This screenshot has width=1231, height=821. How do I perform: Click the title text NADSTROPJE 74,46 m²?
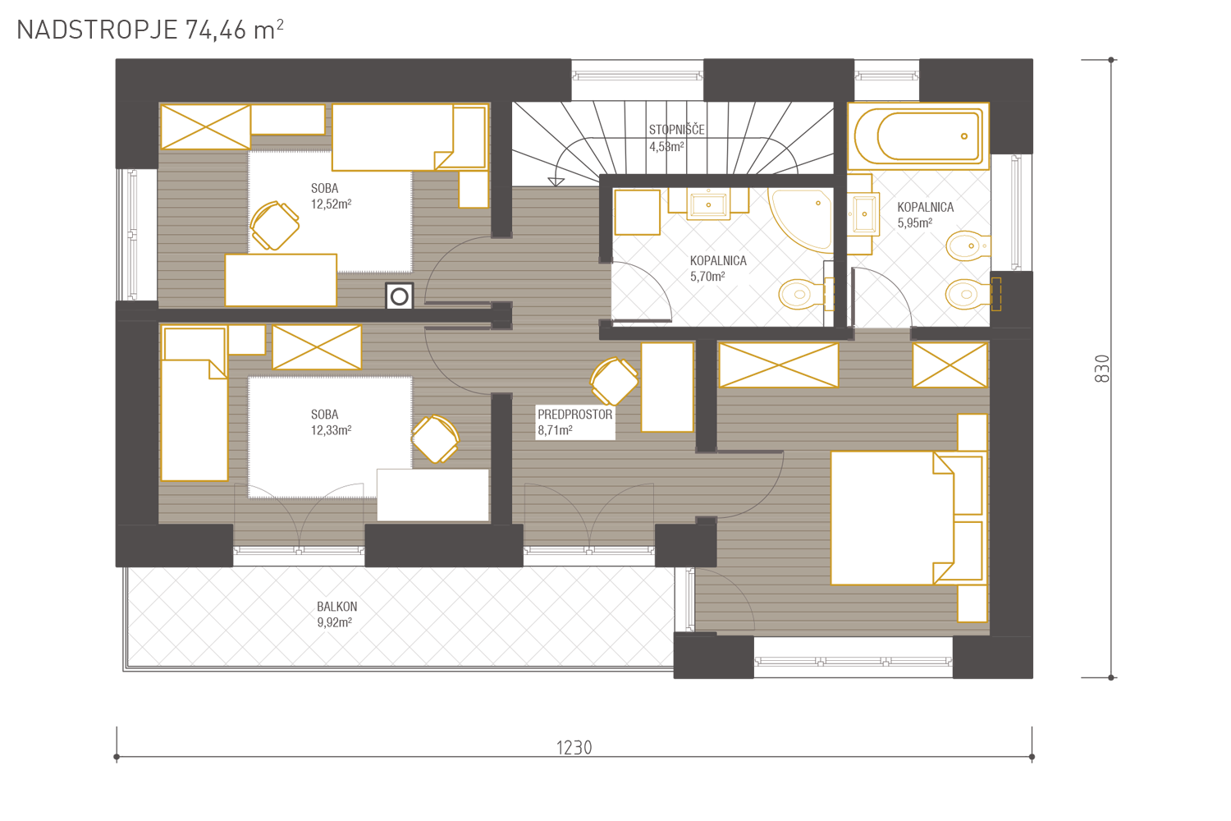coord(150,30)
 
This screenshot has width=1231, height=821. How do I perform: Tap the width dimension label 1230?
coord(574,748)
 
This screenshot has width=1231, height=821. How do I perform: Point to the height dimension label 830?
coord(1102,369)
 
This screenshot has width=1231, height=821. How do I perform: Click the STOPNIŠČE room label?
coord(676,130)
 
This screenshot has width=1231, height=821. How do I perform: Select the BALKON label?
coord(336,607)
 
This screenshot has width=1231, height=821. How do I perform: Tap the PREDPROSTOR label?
coord(574,415)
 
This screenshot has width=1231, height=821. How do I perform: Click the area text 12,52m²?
coord(331,204)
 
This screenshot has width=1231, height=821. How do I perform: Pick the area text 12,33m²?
coord(331,430)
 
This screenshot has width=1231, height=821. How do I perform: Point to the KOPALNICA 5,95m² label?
coord(926,215)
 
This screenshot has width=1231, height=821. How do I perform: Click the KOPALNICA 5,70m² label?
coord(718,268)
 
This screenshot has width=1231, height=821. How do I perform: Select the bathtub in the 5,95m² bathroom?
coord(918,135)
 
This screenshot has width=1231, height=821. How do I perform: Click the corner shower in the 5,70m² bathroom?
coord(801,220)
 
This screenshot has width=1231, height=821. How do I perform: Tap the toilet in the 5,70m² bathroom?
coord(806,294)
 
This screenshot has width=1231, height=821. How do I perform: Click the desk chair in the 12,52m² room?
coord(274,226)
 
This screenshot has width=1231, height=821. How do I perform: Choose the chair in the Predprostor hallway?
coord(614,381)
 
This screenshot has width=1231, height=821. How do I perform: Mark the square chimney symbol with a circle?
coord(399,297)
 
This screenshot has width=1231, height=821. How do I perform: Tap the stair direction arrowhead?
coord(556,182)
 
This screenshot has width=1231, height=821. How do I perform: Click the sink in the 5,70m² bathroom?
coord(708,204)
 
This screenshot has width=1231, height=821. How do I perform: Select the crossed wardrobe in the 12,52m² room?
coord(205,127)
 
